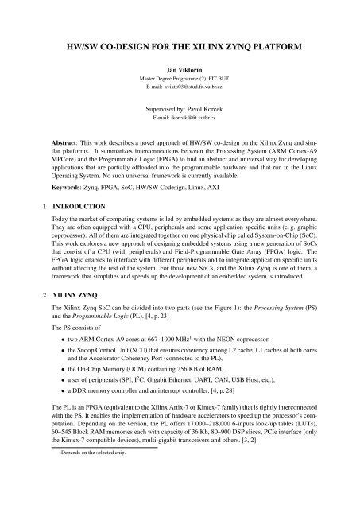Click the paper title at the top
coord(180,48)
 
